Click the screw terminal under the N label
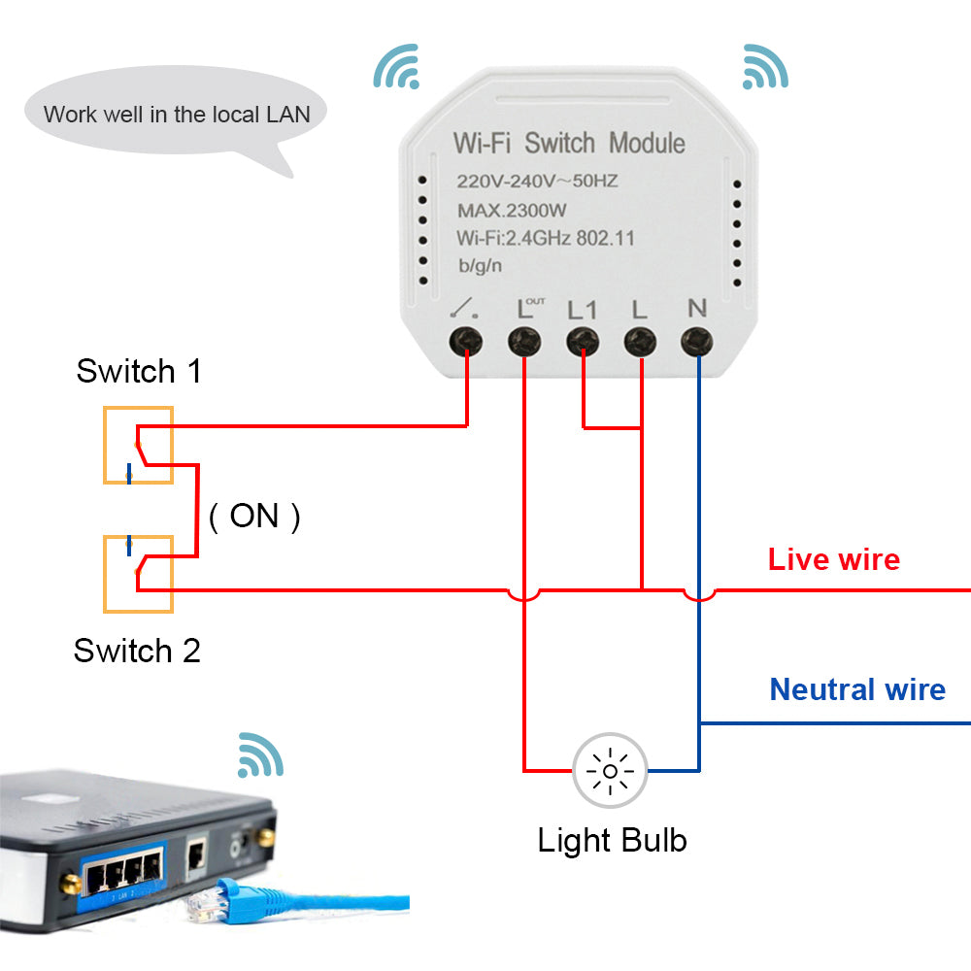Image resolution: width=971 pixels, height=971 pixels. click(696, 341)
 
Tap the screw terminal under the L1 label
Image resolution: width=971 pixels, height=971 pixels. click(582, 341)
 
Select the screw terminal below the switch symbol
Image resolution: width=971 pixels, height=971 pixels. click(467, 341)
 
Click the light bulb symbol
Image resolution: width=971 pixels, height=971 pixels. click(610, 771)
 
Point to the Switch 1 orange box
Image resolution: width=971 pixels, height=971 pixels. click(138, 445)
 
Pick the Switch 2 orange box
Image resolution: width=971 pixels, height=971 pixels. click(138, 574)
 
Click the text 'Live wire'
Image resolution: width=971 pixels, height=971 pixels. click(833, 559)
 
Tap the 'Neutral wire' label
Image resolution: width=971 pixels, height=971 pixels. click(856, 689)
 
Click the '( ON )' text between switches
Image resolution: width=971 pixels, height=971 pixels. click(254, 516)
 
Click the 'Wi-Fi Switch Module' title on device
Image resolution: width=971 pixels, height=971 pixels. click(569, 144)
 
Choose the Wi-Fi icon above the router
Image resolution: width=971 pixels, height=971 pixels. click(260, 754)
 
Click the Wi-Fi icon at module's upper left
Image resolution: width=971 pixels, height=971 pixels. click(397, 66)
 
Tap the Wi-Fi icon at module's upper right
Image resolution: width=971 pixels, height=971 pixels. click(765, 66)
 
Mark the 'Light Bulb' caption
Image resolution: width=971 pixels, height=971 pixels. click(612, 840)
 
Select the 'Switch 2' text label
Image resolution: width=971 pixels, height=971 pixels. click(137, 651)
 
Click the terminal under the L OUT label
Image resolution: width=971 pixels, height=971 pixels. click(524, 341)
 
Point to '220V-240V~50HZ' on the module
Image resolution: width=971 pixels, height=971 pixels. click(538, 181)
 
